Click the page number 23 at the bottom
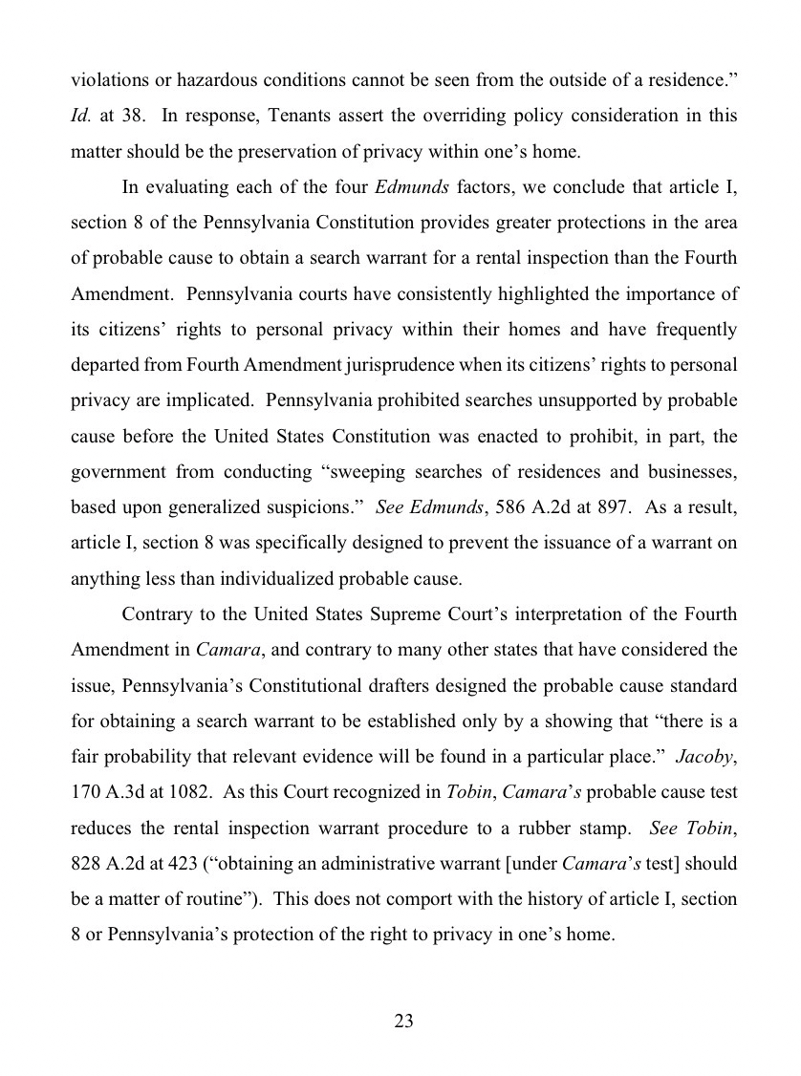(402, 1021)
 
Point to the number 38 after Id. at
(134, 117)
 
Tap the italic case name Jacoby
(706, 757)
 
